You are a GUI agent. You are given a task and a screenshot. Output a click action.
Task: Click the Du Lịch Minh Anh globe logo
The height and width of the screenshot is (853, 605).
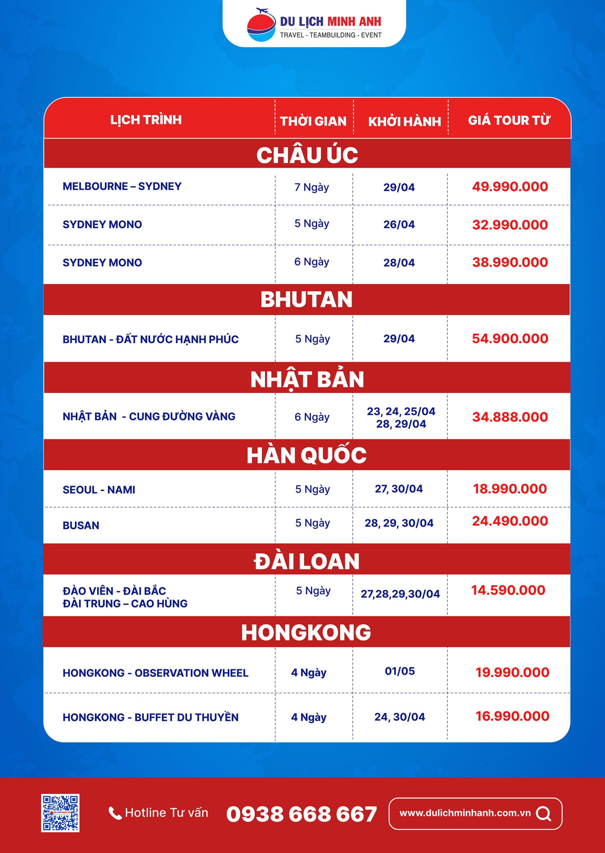261,25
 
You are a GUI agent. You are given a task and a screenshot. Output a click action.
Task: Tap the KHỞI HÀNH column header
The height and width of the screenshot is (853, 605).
404,121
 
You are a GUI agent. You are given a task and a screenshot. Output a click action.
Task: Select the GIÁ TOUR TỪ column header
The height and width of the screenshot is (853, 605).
509,120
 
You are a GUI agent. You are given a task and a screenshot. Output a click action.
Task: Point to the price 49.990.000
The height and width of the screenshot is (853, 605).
510,187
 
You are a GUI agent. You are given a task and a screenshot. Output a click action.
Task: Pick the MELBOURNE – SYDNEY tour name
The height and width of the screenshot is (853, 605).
122,186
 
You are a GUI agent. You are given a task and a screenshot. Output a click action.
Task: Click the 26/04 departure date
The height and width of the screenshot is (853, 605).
399,225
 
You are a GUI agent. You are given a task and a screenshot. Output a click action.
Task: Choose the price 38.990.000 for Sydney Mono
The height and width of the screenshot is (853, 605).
510,263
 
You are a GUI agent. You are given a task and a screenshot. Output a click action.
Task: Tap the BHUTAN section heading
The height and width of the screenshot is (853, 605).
306,299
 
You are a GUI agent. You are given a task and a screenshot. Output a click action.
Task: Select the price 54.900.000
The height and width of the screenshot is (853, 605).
510,339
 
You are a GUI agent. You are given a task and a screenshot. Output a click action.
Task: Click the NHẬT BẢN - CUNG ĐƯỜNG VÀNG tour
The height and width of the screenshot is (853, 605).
149,416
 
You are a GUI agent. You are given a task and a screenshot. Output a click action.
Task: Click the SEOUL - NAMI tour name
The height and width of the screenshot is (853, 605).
99,489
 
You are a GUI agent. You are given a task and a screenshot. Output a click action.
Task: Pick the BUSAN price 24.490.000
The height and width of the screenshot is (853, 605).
510,521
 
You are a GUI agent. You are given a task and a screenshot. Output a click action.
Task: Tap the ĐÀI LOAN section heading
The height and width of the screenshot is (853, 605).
307,561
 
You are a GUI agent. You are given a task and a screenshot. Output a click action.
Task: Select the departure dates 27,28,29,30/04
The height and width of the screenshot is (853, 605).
400,594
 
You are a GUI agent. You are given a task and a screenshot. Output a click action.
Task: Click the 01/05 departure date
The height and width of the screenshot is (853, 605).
400,671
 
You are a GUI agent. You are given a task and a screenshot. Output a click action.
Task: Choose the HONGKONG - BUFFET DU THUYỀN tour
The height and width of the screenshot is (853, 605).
151,717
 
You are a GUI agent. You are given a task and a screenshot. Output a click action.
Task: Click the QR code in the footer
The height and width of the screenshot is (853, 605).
60,813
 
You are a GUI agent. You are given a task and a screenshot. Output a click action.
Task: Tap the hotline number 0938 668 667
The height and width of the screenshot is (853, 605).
301,814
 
